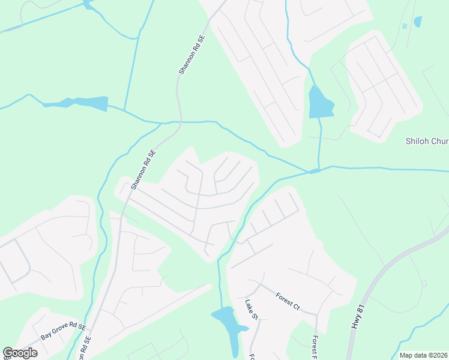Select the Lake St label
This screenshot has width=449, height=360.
[x=251, y=310]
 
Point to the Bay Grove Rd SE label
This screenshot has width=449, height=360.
[x=63, y=332]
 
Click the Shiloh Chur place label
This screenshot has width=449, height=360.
[x=426, y=142]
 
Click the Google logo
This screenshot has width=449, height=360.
[x=20, y=353]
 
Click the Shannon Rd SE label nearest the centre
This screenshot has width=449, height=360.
[x=143, y=170]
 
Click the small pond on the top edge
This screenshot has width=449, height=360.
[x=89, y=5]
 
